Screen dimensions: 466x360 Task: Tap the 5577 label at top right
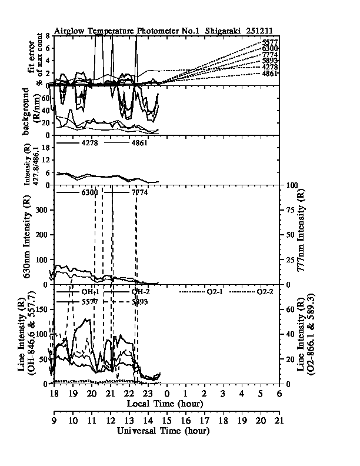pos(270,42)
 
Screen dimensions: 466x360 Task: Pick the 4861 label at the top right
pos(270,74)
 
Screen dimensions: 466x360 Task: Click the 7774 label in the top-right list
pos(270,55)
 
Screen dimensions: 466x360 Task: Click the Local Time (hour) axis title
pos(165,404)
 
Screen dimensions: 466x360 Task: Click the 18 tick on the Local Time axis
pos(54,393)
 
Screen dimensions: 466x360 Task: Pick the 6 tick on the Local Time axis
pos(278,393)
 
